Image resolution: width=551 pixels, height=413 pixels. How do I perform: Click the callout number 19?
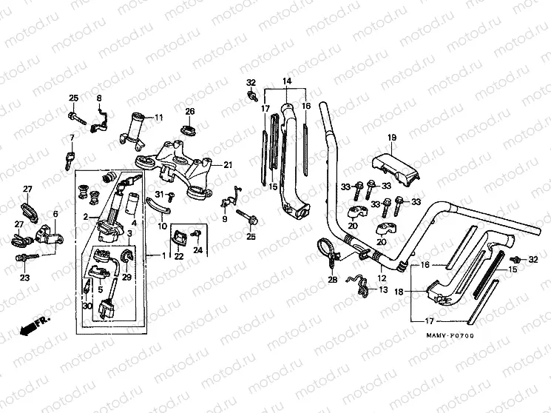click(x=392, y=138)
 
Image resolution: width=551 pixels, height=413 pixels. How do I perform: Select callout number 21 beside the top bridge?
click(x=228, y=164)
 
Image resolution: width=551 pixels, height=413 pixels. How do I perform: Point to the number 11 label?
click(x=158, y=118)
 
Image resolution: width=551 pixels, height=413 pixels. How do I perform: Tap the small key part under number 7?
click(x=71, y=156)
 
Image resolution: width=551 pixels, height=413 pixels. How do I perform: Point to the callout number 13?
click(x=382, y=290)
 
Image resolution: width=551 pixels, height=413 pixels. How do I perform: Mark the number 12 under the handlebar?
click(x=382, y=278)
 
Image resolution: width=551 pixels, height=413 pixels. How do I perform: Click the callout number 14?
click(x=287, y=81)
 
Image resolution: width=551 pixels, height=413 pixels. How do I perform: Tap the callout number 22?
click(x=178, y=257)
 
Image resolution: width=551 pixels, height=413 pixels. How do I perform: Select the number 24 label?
click(x=197, y=249)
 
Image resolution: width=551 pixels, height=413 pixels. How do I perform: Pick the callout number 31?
click(x=159, y=194)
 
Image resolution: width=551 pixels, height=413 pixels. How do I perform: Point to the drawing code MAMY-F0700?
click(x=449, y=336)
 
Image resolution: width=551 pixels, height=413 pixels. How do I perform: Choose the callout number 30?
click(x=87, y=306)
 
